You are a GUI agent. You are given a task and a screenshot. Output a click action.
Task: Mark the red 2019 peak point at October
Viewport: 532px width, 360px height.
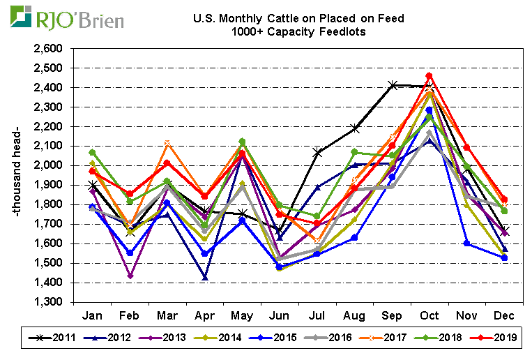(429, 75)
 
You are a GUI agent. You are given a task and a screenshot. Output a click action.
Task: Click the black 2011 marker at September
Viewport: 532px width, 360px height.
(392, 85)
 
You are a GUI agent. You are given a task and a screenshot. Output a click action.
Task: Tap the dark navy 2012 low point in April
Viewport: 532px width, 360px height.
(205, 278)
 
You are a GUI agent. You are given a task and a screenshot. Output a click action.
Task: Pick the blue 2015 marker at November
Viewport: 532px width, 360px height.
(466, 243)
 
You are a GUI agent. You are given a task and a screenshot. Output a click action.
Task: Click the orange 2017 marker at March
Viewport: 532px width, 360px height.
(167, 144)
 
